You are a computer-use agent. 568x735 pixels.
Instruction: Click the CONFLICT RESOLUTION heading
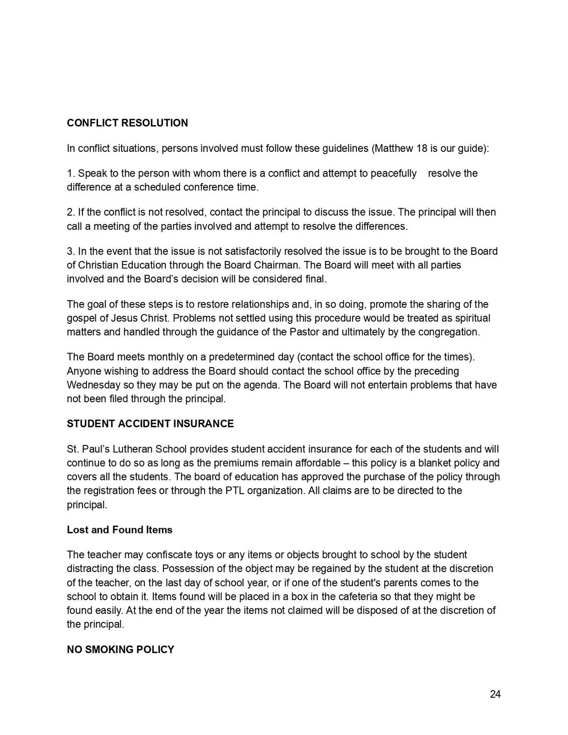[127, 123]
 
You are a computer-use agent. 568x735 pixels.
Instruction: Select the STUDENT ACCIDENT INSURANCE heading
[150, 424]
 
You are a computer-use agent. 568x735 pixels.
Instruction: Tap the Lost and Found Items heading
[120, 530]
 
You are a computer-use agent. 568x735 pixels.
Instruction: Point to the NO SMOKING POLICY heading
[121, 650]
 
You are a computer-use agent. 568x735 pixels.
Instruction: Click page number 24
[495, 694]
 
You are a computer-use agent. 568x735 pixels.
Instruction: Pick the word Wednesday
[93, 385]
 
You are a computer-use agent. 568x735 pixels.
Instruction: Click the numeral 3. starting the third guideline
[71, 251]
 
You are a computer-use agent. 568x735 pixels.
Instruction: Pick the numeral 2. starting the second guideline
[71, 212]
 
